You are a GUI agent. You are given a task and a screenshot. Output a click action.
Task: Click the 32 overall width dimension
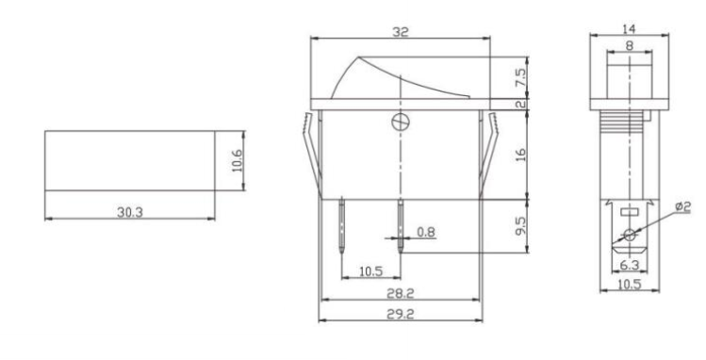pyautogui.click(x=401, y=32)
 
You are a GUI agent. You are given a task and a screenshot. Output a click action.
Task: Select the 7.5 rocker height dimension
pyautogui.click(x=520, y=78)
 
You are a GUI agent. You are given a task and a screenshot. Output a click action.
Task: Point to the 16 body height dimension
pyautogui.click(x=520, y=155)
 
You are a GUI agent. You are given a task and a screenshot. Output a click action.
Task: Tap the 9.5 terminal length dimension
pyautogui.click(x=520, y=226)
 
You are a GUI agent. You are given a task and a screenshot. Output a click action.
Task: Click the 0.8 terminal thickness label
pyautogui.click(x=426, y=232)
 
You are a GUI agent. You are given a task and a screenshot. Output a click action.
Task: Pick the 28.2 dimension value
pyautogui.click(x=401, y=293)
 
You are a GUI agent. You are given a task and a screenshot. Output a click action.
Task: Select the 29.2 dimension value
pyautogui.click(x=401, y=314)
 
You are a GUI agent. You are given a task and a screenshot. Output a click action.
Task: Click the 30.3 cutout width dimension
pyautogui.click(x=130, y=212)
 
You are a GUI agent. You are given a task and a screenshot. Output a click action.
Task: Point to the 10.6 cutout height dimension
pyautogui.click(x=238, y=160)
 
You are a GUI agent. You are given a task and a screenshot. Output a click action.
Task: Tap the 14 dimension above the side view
pyautogui.click(x=629, y=29)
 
